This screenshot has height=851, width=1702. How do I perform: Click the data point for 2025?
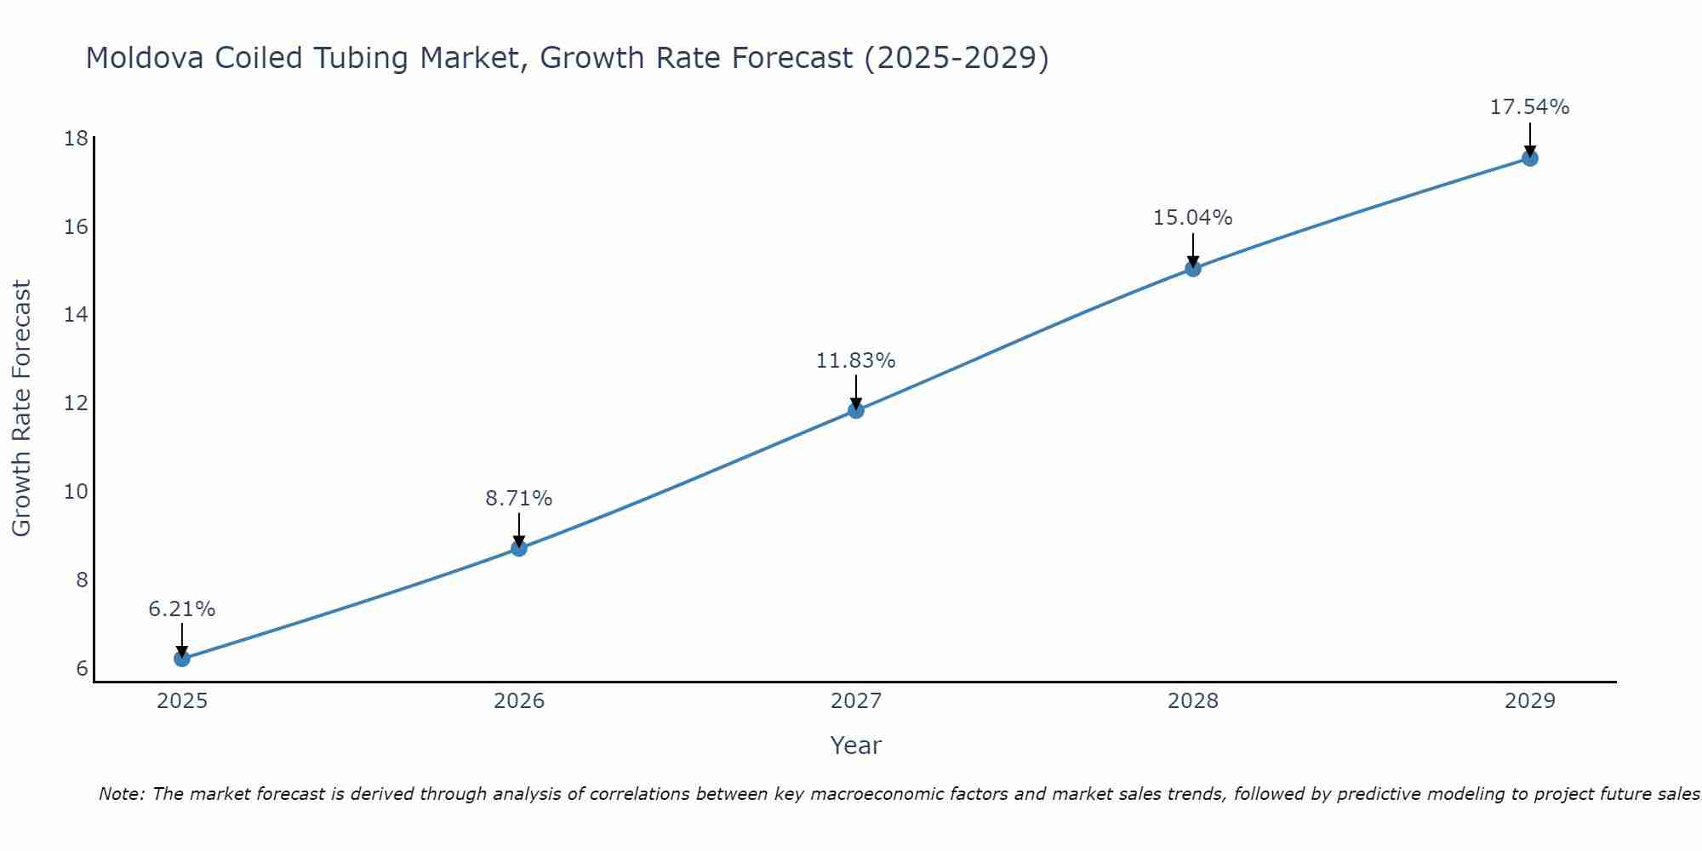pyautogui.click(x=181, y=659)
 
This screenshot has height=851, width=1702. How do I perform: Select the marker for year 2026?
pyautogui.click(x=519, y=548)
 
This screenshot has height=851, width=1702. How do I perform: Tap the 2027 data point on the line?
pyautogui.click(x=856, y=410)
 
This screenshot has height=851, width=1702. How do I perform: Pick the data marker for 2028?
pyautogui.click(x=1193, y=269)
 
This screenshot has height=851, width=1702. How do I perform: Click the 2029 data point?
pyautogui.click(x=1530, y=158)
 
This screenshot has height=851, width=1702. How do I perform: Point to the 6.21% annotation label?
pyautogui.click(x=181, y=609)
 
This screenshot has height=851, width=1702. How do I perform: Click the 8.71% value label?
pyautogui.click(x=519, y=499)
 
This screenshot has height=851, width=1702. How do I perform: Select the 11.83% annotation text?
pyautogui.click(x=856, y=361)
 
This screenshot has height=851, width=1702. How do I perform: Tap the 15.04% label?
pyautogui.click(x=1193, y=218)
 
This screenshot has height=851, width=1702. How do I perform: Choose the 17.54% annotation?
pyautogui.click(x=1530, y=107)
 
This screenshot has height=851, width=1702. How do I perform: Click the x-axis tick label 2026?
pyautogui.click(x=519, y=701)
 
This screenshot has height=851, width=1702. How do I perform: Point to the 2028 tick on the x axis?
pyautogui.click(x=1193, y=701)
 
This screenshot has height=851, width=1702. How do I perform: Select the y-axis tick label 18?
pyautogui.click(x=77, y=139)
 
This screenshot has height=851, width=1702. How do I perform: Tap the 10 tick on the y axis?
pyautogui.click(x=77, y=492)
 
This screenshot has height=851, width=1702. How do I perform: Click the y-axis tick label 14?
pyautogui.click(x=77, y=315)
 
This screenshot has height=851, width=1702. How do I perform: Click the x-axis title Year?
pyautogui.click(x=856, y=745)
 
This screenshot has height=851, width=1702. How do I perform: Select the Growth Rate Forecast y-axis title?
pyautogui.click(x=21, y=408)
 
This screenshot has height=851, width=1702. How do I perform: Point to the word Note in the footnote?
pyautogui.click(x=122, y=794)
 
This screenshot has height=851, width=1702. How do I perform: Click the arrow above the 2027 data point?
pyautogui.click(x=856, y=391)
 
